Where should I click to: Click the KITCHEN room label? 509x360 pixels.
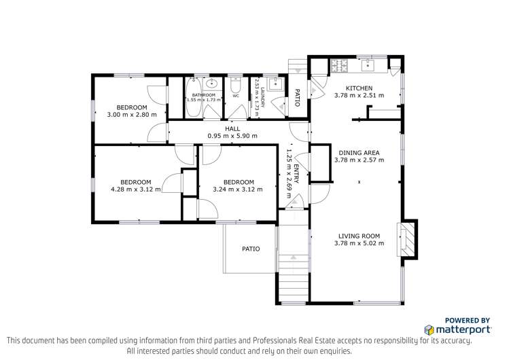pyautogui.click(x=359, y=88)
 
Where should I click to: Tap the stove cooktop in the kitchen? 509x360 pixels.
pyautogui.click(x=338, y=66)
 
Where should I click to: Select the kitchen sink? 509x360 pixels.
pyautogui.click(x=368, y=65)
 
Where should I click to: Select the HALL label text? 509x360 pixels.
pyautogui.click(x=232, y=128)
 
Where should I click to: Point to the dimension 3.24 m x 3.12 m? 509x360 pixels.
pyautogui.click(x=239, y=190)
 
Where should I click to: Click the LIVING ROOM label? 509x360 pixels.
pyautogui.click(x=359, y=236)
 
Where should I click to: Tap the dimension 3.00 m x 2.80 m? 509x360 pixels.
pyautogui.click(x=131, y=115)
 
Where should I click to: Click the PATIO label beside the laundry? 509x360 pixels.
pyautogui.click(x=297, y=98)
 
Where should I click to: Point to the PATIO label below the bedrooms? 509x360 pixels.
pyautogui.click(x=251, y=249)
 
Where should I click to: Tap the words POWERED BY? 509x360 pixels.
pyautogui.click(x=468, y=320)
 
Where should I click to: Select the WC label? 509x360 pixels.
pyautogui.click(x=236, y=96)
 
